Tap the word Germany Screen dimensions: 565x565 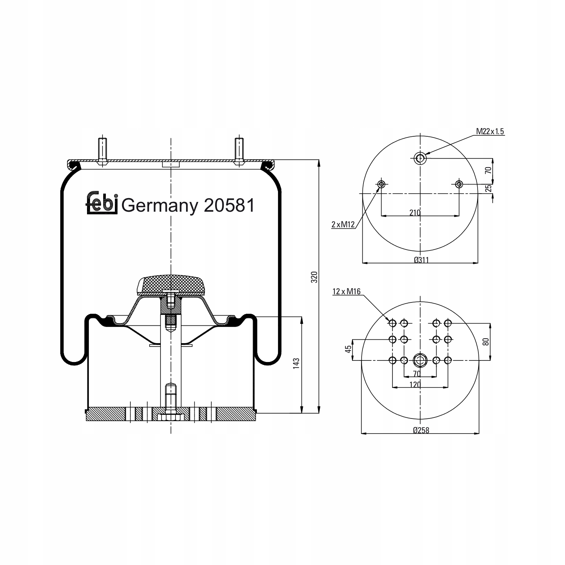click(160, 207)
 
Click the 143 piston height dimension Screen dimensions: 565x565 click(296, 363)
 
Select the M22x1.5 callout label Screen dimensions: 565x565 click(490, 131)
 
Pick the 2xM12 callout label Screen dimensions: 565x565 click(343, 225)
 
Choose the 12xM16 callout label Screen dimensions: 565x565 click(347, 291)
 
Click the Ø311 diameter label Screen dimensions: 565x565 click(421, 260)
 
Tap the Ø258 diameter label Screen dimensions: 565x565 click(421, 430)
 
